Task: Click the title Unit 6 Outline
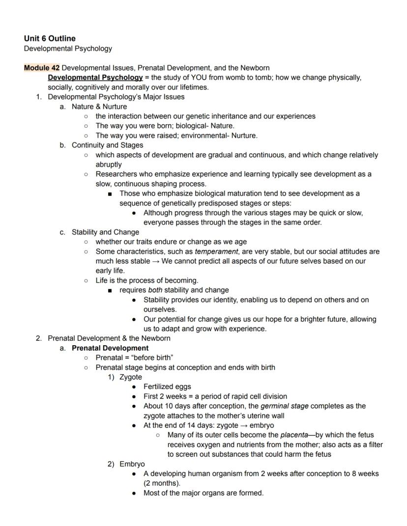point(50,38)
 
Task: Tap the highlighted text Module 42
point(42,68)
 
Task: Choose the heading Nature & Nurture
point(99,107)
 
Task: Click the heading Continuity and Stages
point(108,145)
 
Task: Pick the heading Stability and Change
point(105,232)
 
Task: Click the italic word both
point(155,290)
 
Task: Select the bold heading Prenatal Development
point(110,348)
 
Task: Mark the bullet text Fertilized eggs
point(167,387)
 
